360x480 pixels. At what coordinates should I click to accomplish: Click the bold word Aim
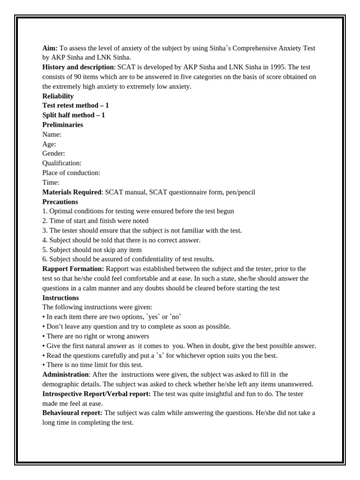(x=50, y=48)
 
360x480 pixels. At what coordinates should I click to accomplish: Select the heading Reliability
(x=58, y=96)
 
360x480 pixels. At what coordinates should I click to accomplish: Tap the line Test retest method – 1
(x=75, y=105)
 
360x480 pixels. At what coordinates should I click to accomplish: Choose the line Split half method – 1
(x=74, y=115)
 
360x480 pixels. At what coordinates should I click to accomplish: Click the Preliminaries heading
(x=63, y=125)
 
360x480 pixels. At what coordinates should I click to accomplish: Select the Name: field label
(x=52, y=135)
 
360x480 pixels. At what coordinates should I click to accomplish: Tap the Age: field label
(x=49, y=144)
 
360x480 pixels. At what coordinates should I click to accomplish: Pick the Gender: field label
(x=54, y=153)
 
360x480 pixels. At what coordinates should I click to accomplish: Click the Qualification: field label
(x=62, y=163)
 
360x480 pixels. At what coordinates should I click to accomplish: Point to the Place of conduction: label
(x=71, y=172)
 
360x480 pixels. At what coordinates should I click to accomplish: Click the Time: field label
(x=51, y=182)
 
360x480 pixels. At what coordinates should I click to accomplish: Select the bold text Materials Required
(x=72, y=192)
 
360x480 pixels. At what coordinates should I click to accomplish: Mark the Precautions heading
(x=60, y=202)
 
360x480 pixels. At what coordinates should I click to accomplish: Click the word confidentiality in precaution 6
(x=156, y=259)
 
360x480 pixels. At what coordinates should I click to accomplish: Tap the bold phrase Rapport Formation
(x=73, y=269)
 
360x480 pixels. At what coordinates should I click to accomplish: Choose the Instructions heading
(x=60, y=298)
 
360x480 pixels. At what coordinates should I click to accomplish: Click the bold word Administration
(x=66, y=375)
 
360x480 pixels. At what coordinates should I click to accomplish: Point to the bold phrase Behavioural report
(x=72, y=413)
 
